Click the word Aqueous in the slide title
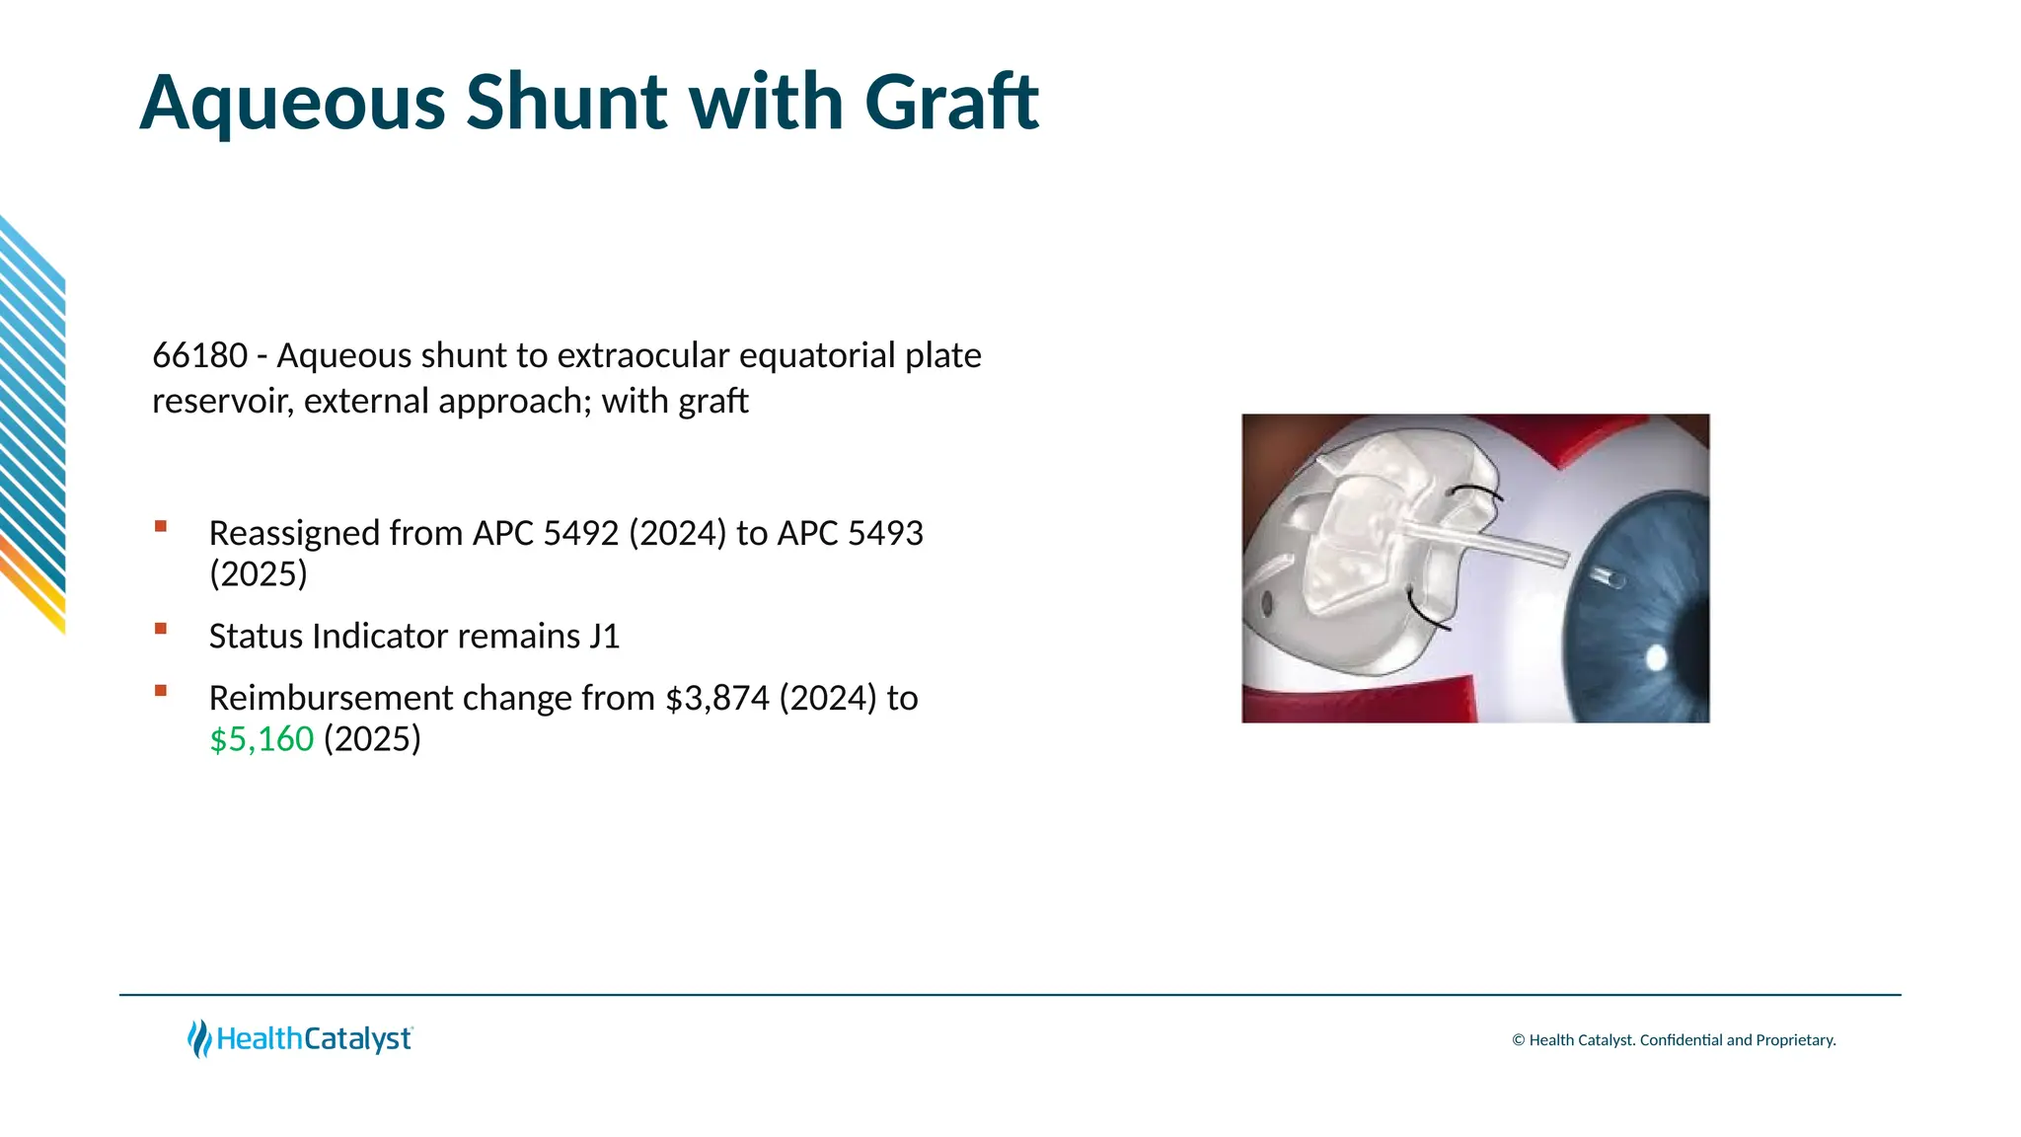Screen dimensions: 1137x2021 292,103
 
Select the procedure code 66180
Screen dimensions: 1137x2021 199,355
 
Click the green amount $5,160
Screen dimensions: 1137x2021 262,738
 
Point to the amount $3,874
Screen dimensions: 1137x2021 717,698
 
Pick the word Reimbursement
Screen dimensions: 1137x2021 331,698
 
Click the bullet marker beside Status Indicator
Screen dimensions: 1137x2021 161,629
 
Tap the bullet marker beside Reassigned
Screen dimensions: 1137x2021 161,526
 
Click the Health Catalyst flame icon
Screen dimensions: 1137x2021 199,1038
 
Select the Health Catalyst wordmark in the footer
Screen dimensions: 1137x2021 314,1039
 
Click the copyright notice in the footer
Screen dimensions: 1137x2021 1674,1040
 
